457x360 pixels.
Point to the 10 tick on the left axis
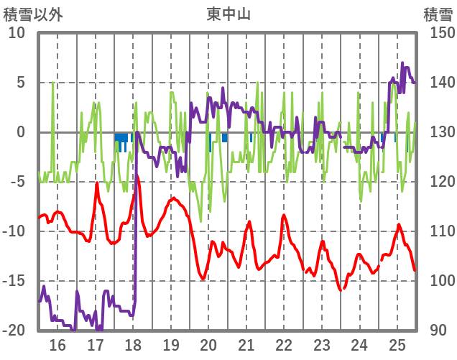point(17,33)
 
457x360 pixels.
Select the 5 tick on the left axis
point(21,83)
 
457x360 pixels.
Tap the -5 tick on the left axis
point(17,182)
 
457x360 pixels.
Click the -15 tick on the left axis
point(14,281)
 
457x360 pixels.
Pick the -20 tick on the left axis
point(14,331)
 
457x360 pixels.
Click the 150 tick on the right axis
point(438,33)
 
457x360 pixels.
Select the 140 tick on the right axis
point(438,83)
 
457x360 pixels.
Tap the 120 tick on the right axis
point(438,182)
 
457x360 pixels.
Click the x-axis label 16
point(57,344)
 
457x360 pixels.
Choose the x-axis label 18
point(133,344)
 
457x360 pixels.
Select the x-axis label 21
point(246,344)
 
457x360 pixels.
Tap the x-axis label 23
point(322,344)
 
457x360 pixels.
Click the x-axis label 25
point(397,344)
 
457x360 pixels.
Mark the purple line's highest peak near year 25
point(402,63)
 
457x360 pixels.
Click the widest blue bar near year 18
point(121,137)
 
